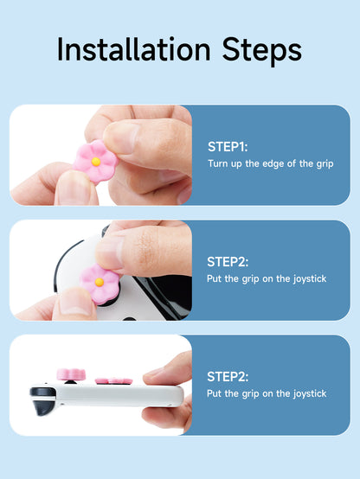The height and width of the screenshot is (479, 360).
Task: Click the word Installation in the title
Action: [x=134, y=49]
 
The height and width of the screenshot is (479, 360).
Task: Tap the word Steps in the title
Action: [x=262, y=51]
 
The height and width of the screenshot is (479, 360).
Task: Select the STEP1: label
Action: [x=228, y=147]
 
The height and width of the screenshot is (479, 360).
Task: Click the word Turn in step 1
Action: [x=218, y=163]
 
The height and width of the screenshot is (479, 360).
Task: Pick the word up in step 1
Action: [x=236, y=165]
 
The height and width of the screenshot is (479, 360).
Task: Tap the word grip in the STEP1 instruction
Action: [x=325, y=164]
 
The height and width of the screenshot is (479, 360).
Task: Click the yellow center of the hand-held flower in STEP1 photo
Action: [x=96, y=162]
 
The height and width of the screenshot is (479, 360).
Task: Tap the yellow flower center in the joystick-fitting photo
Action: [x=100, y=282]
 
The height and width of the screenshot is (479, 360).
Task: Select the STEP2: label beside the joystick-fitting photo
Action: [x=228, y=262]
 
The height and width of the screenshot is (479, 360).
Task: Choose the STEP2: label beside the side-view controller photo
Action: [x=228, y=377]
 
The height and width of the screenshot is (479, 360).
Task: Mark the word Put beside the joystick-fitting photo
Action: [x=214, y=278]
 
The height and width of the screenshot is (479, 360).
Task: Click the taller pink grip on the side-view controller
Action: [x=71, y=374]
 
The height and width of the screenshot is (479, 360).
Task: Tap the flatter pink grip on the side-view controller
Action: [x=113, y=381]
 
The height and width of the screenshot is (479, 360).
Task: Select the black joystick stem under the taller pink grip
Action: [x=71, y=382]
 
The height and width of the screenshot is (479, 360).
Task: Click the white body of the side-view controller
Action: [x=119, y=396]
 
